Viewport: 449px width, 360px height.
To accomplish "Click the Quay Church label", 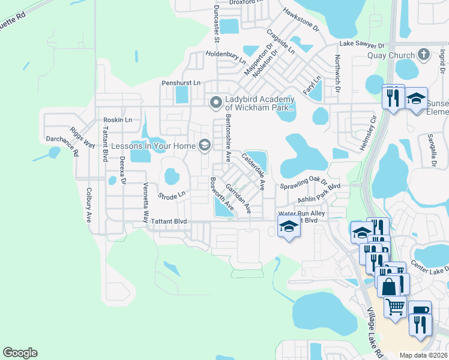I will tap(391, 56).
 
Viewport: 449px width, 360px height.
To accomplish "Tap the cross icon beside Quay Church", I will tap(423, 55).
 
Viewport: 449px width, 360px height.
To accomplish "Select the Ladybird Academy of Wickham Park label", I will tap(259, 104).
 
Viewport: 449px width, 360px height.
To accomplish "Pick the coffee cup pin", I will tap(421, 311).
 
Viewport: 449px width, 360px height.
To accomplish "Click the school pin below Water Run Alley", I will tap(289, 226).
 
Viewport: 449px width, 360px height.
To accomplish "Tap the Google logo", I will tap(20, 353).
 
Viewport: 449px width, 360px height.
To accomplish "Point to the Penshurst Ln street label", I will tap(180, 83).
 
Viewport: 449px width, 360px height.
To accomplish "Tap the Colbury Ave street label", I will tap(88, 205).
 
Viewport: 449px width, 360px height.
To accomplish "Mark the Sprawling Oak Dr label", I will tap(304, 182).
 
